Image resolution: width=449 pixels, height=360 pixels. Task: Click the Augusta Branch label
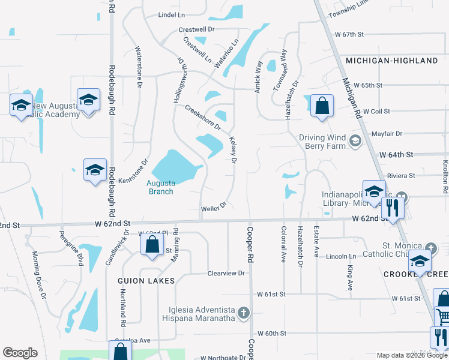160,187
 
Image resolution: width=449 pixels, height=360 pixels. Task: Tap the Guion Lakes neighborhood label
146,280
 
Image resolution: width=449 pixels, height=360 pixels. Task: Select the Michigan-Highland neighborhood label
392,61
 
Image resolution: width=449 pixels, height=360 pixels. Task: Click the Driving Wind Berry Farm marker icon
355,141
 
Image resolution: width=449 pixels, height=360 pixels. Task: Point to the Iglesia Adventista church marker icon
243,313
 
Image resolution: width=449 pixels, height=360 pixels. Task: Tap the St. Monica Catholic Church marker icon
430,248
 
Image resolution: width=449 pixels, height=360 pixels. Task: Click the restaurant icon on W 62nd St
393,208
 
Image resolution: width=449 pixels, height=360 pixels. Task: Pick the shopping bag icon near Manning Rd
152,244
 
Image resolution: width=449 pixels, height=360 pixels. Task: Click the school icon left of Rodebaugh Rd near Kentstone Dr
95,170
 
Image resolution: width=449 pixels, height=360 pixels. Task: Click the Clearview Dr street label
226,273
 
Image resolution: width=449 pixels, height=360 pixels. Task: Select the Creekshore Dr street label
203,118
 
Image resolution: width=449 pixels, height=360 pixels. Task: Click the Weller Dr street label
213,206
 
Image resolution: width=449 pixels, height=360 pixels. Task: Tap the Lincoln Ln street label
342,256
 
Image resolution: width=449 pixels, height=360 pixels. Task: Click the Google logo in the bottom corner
20,353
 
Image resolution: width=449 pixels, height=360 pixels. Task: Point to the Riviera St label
402,175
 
